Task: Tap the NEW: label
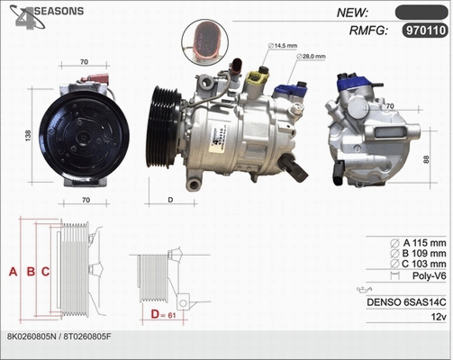click(353, 12)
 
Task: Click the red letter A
click(13, 271)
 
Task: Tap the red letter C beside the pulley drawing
click(45, 271)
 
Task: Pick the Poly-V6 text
click(427, 279)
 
